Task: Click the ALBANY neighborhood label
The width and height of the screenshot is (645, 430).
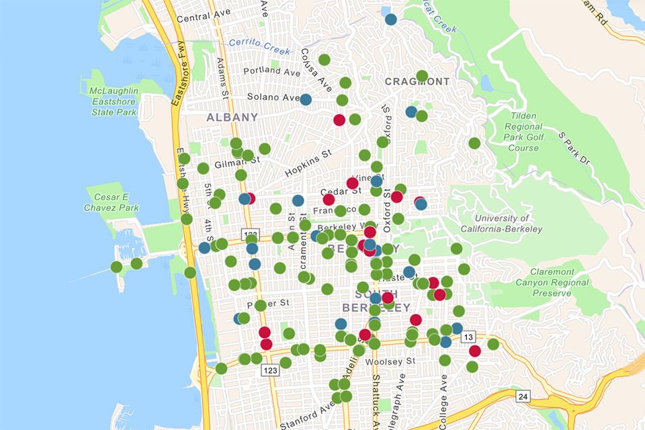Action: [x=232, y=117]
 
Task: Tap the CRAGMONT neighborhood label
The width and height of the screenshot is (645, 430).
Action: [x=417, y=82]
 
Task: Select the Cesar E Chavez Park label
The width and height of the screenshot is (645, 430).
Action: [x=112, y=202]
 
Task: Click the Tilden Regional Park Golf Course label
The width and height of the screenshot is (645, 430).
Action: [x=523, y=132]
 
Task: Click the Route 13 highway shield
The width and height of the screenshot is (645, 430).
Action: [x=468, y=337]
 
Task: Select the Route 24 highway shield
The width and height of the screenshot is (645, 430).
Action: [x=523, y=396]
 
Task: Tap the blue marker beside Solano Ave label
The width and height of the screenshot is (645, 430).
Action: [x=306, y=99]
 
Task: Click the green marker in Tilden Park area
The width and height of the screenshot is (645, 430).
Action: [x=474, y=143]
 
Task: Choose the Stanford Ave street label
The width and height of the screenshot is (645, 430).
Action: [x=306, y=415]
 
